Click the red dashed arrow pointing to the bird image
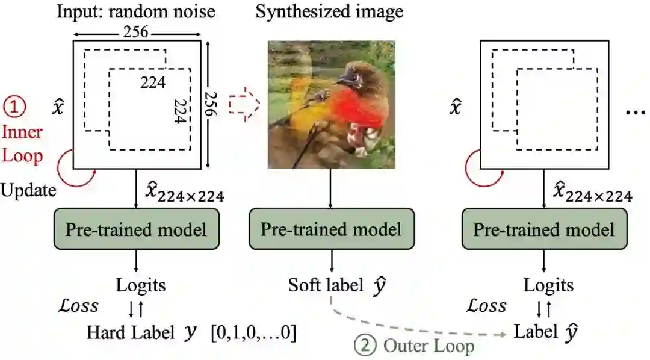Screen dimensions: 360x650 coord(243,105)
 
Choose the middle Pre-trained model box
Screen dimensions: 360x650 coord(331,229)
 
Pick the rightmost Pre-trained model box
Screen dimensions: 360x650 coord(544,229)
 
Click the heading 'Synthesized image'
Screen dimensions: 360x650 coord(329,12)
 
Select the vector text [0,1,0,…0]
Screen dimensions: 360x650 coord(253,332)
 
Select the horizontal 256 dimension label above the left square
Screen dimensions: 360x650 coord(136,33)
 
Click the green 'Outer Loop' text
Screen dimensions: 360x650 coord(429,346)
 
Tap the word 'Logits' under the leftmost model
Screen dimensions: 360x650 coord(141,284)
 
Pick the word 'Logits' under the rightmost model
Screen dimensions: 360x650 coord(548,284)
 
